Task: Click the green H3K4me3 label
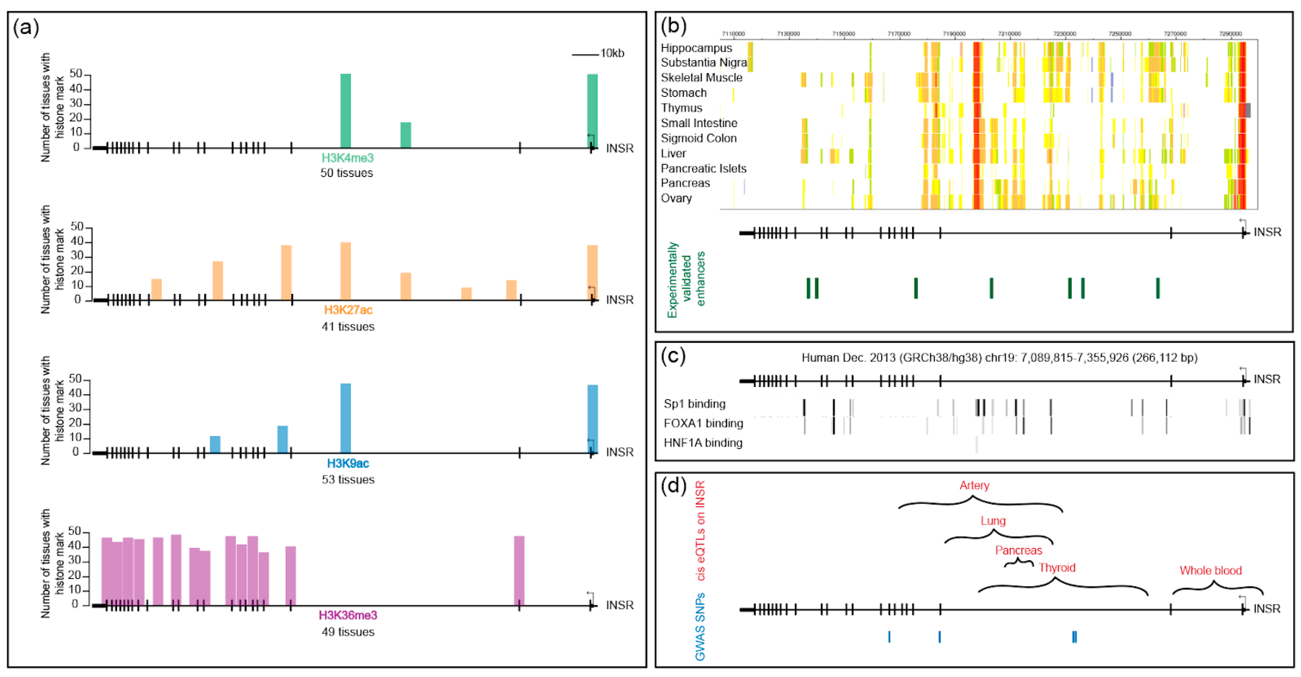coord(348,158)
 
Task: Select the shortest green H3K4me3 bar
coord(406,135)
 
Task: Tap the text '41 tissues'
coord(348,327)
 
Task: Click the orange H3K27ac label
coord(348,310)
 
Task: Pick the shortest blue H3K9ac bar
coord(215,444)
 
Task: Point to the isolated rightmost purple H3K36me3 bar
coord(519,570)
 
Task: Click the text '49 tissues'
coord(348,632)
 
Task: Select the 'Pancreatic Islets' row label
coord(703,168)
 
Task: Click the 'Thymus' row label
coord(681,108)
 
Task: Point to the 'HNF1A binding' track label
coord(703,443)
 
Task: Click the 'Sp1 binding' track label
coord(694,404)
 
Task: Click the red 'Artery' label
coord(974,486)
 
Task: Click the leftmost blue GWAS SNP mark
coord(889,637)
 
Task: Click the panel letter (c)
coord(673,356)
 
